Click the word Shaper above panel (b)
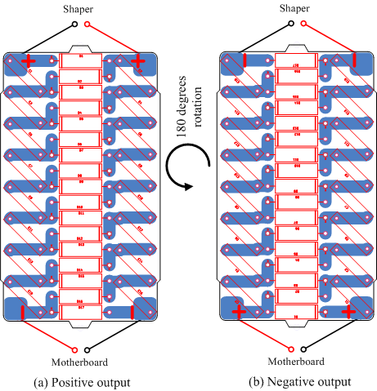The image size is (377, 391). click(x=296, y=9)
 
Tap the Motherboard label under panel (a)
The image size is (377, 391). click(x=80, y=362)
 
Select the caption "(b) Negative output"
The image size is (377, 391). click(x=300, y=381)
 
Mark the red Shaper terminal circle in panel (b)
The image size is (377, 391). click(x=303, y=24)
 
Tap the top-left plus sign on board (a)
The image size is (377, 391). click(x=29, y=61)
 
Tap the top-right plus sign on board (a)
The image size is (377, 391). click(x=137, y=61)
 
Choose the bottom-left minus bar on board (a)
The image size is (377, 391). click(x=23, y=311)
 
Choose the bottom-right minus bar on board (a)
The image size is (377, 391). click(x=132, y=311)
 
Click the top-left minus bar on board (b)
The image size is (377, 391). click(x=244, y=60)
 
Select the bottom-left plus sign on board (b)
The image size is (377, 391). click(x=239, y=311)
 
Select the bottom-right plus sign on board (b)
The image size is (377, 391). click(x=348, y=311)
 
